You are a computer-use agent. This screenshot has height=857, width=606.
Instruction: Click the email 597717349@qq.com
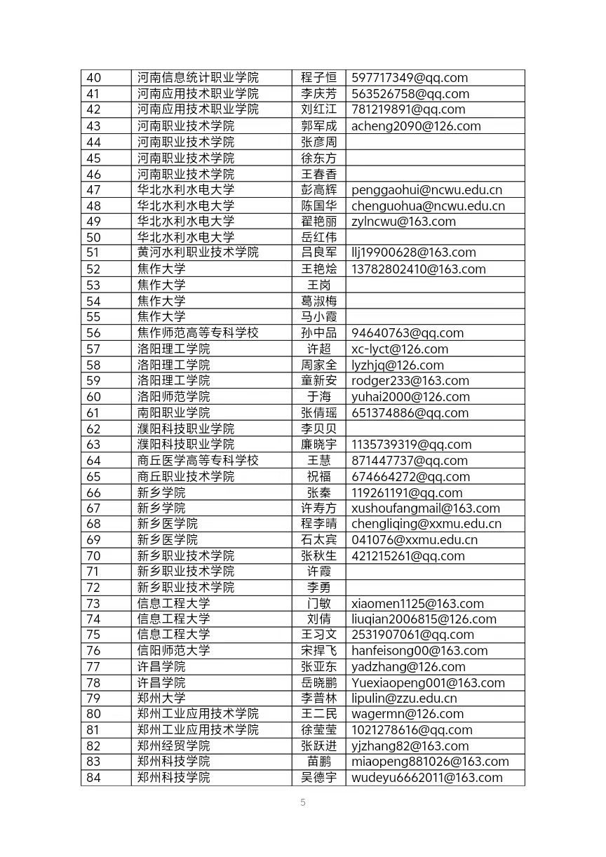(x=409, y=78)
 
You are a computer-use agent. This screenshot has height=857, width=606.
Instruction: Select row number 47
(x=93, y=189)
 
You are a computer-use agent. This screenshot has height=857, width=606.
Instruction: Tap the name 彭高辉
(x=318, y=189)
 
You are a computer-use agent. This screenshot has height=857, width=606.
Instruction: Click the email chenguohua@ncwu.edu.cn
(x=428, y=205)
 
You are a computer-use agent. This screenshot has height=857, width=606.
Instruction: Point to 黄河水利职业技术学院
(x=198, y=252)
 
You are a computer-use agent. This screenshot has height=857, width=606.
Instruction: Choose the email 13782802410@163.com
(x=418, y=269)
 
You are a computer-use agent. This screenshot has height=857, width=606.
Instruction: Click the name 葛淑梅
(x=318, y=301)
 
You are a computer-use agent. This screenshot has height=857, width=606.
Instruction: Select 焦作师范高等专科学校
(x=198, y=332)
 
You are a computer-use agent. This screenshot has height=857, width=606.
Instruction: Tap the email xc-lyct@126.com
(x=399, y=349)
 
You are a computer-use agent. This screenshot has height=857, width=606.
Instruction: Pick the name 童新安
(x=318, y=381)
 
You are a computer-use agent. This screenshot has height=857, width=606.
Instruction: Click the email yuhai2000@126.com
(x=410, y=396)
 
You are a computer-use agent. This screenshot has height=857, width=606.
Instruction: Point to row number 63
(x=93, y=444)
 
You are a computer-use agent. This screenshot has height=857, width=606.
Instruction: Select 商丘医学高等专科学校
(x=198, y=460)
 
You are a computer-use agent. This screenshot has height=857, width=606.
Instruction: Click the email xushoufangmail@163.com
(x=425, y=508)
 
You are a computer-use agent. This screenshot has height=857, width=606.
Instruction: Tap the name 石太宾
(x=318, y=539)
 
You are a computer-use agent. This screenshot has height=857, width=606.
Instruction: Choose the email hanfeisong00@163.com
(x=419, y=651)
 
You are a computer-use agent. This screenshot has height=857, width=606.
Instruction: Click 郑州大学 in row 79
(x=161, y=698)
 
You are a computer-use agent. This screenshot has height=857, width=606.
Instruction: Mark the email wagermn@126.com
(x=407, y=714)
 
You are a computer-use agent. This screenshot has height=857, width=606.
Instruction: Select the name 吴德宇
(x=318, y=777)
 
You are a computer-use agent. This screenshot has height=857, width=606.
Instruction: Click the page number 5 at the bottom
(x=303, y=803)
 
